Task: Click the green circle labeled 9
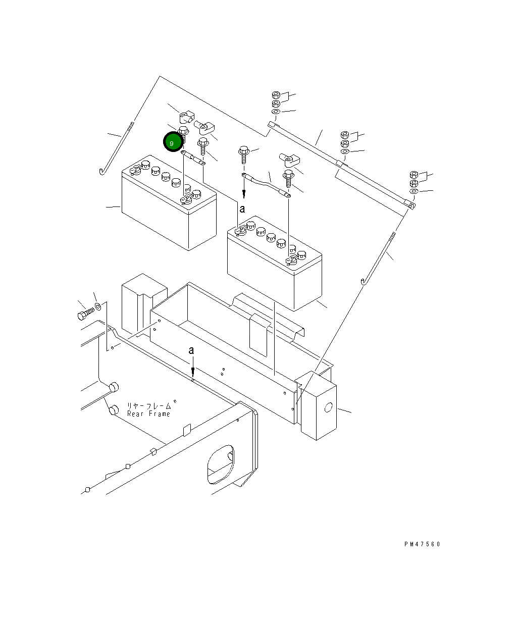pyautogui.click(x=172, y=143)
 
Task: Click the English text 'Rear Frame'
pyautogui.click(x=148, y=414)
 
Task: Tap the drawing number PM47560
pyautogui.click(x=422, y=544)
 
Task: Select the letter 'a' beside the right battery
pyautogui.click(x=242, y=209)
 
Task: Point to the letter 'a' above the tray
pyautogui.click(x=191, y=350)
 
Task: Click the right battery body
pyautogui.click(x=273, y=273)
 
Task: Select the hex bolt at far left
pyautogui.click(x=84, y=316)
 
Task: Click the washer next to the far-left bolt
pyautogui.click(x=98, y=306)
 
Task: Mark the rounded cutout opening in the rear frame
pyautogui.click(x=221, y=463)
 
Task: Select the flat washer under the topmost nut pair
pyautogui.click(x=276, y=111)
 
